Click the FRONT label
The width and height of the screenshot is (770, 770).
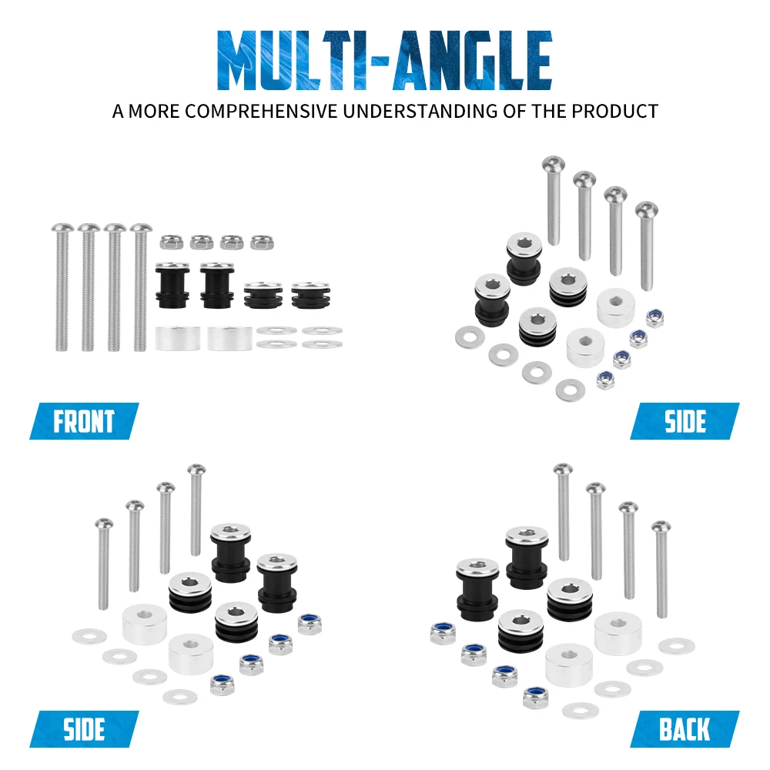[x=84, y=421]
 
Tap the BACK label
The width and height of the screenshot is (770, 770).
[x=685, y=728]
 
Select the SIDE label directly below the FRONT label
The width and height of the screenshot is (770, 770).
[x=84, y=728]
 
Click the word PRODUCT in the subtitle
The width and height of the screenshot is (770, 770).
[x=614, y=112]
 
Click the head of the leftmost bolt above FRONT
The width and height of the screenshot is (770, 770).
[x=62, y=228]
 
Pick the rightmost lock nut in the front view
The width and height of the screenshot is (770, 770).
[x=262, y=242]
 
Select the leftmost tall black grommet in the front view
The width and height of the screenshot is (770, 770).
[x=172, y=286]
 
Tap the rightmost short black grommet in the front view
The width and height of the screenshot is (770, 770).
[x=310, y=295]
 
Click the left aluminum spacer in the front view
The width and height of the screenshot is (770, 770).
[x=178, y=338]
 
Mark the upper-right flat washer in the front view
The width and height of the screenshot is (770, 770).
[x=322, y=330]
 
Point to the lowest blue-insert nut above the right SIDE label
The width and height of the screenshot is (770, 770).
[x=605, y=380]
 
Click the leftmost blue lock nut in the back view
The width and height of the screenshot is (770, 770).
[x=443, y=633]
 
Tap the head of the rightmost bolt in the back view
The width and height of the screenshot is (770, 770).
[x=661, y=527]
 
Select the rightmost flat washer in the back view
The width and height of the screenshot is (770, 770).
[x=676, y=646]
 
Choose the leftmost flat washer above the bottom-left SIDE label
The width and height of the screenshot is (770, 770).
[x=89, y=637]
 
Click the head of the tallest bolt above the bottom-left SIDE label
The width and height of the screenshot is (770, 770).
[x=196, y=469]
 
